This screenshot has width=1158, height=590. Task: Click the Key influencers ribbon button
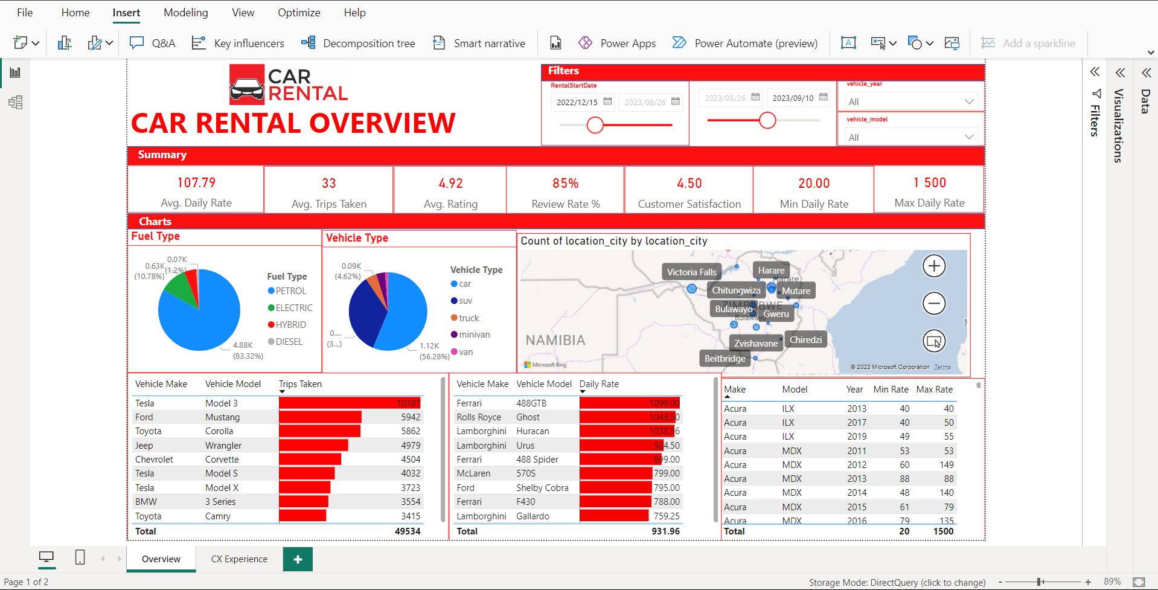pyautogui.click(x=238, y=43)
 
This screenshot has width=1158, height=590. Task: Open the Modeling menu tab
pyautogui.click(x=185, y=13)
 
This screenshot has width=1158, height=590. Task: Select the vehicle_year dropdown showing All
pyautogui.click(x=910, y=101)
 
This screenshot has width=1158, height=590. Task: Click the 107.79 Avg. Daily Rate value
pyautogui.click(x=196, y=182)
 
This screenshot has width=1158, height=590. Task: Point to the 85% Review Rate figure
pyautogui.click(x=565, y=183)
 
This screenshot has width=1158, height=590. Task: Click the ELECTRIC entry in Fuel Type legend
pyautogui.click(x=290, y=308)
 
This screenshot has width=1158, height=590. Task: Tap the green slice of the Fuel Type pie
pyautogui.click(x=178, y=289)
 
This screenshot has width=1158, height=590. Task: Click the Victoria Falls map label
pyautogui.click(x=691, y=272)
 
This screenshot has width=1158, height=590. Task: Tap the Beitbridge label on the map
pyautogui.click(x=725, y=358)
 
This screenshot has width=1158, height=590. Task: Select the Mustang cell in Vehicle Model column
pyautogui.click(x=222, y=417)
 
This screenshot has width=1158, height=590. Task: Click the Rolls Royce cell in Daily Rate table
pyautogui.click(x=479, y=417)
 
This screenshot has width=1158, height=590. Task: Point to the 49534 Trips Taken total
pyautogui.click(x=407, y=531)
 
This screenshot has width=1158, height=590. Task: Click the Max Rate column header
pyautogui.click(x=934, y=390)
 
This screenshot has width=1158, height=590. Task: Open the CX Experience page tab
pyautogui.click(x=239, y=559)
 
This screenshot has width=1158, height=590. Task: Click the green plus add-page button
pyautogui.click(x=298, y=559)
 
